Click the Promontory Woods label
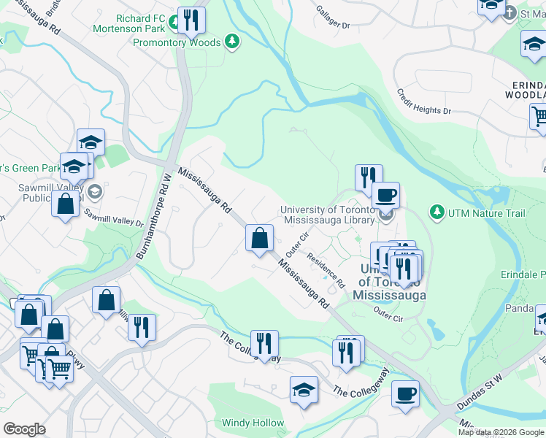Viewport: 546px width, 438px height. pos(176,42)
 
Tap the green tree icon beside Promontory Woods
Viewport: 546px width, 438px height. pos(232,41)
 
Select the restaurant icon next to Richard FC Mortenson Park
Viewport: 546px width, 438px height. pos(191,20)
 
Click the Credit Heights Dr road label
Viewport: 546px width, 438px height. pos(423,101)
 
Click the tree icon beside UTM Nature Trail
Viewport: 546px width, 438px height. pos(437,212)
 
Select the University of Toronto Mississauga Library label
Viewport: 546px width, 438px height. pos(327,215)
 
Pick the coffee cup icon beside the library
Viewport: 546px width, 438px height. pos(385,195)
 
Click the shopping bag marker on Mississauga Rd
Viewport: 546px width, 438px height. pos(259,237)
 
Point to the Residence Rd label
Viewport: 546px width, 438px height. pos(325,269)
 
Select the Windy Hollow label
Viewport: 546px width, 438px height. pos(253,423)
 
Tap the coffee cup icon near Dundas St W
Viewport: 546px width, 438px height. pos(405,393)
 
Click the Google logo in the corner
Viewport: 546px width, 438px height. pos(24,429)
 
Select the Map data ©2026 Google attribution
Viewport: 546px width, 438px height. pos(500,432)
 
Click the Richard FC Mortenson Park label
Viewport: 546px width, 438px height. pos(128,23)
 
